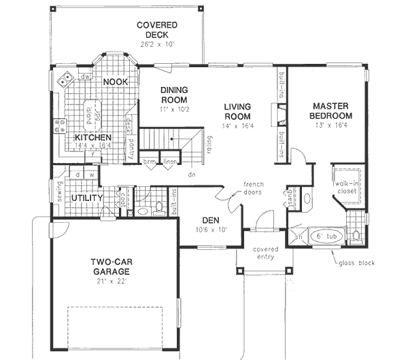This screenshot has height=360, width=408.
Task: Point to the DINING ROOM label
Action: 173,95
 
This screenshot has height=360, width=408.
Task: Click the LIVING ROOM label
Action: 238,111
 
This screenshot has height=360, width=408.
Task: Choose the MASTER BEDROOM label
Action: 330,111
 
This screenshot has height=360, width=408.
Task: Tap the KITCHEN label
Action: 93,138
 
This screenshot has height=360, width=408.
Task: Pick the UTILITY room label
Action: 87,198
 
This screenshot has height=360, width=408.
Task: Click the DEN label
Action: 209,220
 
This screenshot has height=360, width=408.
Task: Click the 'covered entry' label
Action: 264,253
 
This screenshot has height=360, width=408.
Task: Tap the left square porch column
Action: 239,270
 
